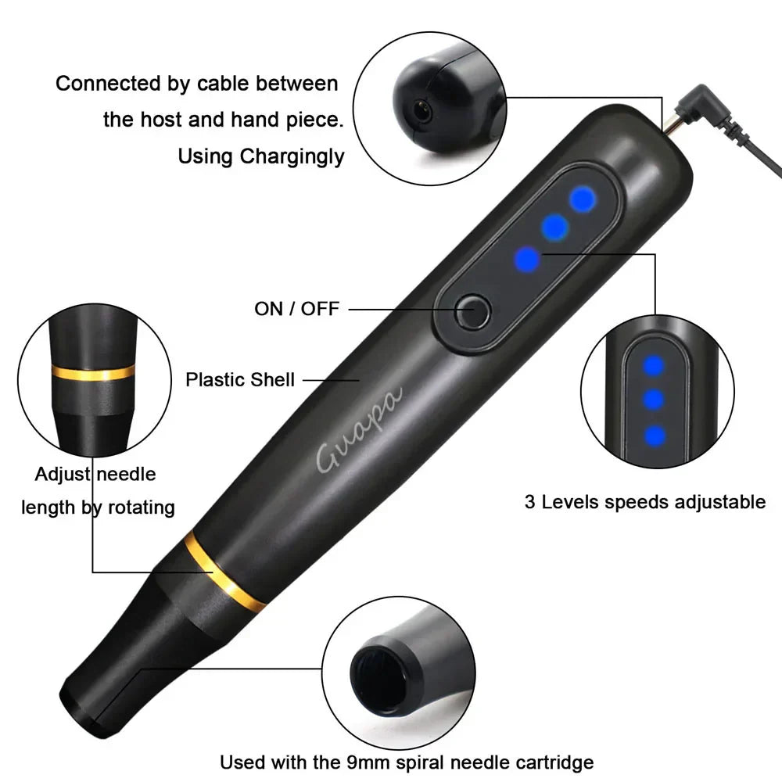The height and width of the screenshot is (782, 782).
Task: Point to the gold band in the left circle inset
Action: tap(93, 371)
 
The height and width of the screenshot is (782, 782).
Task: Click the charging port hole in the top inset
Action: tap(423, 112)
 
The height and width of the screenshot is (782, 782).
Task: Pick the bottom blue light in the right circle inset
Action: tap(655, 435)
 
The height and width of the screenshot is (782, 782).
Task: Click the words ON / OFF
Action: tap(297, 309)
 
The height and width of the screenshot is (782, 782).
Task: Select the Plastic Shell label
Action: tap(240, 380)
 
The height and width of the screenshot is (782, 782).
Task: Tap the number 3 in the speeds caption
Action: tap(530, 502)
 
